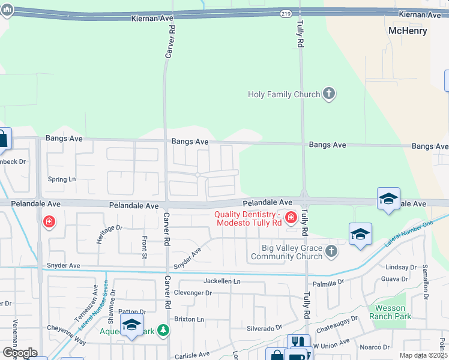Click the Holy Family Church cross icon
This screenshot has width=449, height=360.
pyautogui.click(x=328, y=94)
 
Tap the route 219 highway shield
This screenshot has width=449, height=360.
pyautogui.click(x=286, y=13)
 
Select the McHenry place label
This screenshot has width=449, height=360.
pyautogui.click(x=408, y=31)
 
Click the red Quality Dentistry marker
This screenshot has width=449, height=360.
pyautogui.click(x=291, y=217)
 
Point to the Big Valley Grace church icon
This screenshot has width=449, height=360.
pyautogui.click(x=331, y=253)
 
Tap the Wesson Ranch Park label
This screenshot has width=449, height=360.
pyautogui.click(x=390, y=312)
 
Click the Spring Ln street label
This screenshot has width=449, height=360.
pyautogui.click(x=62, y=179)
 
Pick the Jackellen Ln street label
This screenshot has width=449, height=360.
pyautogui.click(x=221, y=281)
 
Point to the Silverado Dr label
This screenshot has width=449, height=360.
pyautogui.click(x=264, y=328)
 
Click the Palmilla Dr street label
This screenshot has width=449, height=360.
pyautogui.click(x=327, y=281)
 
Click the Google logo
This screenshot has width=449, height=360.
pyautogui.click(x=19, y=353)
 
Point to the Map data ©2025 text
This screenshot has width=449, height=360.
pyautogui.click(x=423, y=355)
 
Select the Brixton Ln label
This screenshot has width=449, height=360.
pyautogui.click(x=188, y=319)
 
